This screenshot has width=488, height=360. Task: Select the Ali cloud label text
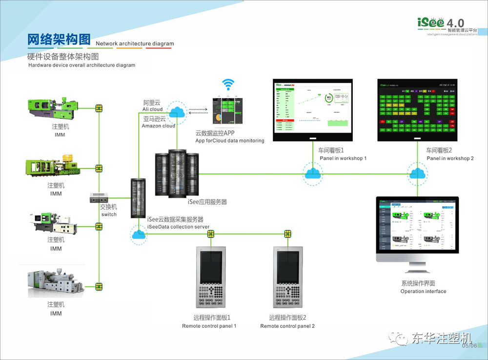click(152, 106)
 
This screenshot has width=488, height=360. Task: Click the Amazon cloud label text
click(158, 122)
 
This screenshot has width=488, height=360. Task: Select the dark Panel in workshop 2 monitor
click(418, 109)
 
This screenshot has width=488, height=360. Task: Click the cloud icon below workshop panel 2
click(417, 173)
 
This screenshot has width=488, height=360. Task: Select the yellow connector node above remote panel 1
click(210, 234)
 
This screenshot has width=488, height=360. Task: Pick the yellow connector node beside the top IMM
click(99, 107)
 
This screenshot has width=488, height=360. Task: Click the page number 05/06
click(469, 345)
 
